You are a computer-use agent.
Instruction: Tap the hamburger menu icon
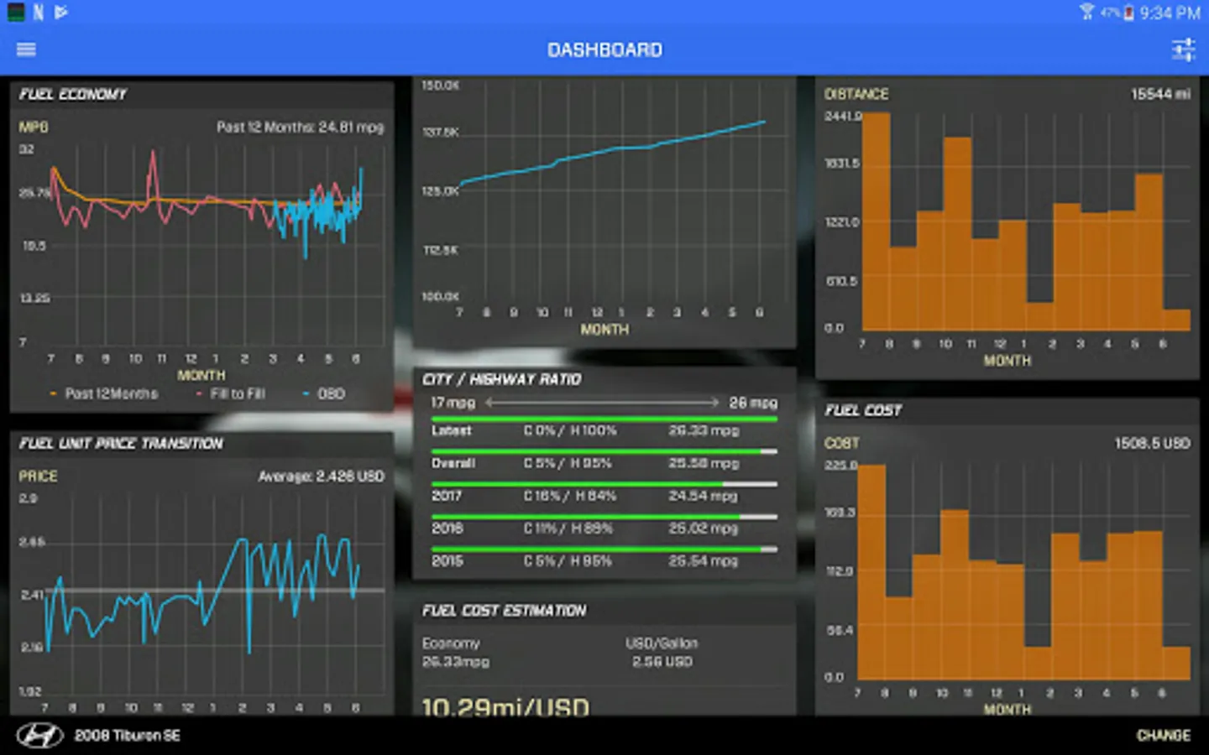[26, 49]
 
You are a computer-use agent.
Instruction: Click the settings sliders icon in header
[1183, 50]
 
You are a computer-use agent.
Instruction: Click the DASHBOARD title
[604, 50]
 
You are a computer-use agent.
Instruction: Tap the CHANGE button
[1163, 736]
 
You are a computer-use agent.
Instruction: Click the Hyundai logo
[39, 736]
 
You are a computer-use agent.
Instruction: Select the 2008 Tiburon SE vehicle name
[128, 736]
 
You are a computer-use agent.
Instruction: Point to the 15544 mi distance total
[1160, 94]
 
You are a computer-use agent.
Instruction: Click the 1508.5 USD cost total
[1152, 443]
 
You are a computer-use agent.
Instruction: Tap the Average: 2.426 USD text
[321, 476]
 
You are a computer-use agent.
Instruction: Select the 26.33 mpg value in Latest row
[703, 430]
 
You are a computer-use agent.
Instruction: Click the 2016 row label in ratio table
[447, 528]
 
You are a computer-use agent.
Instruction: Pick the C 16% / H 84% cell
[569, 496]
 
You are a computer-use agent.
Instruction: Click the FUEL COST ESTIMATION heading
[504, 611]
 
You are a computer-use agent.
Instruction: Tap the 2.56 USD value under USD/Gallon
[662, 662]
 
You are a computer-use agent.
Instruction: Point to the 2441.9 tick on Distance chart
[842, 116]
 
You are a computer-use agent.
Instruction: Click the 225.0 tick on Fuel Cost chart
[840, 465]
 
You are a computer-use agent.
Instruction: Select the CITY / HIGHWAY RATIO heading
[501, 379]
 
